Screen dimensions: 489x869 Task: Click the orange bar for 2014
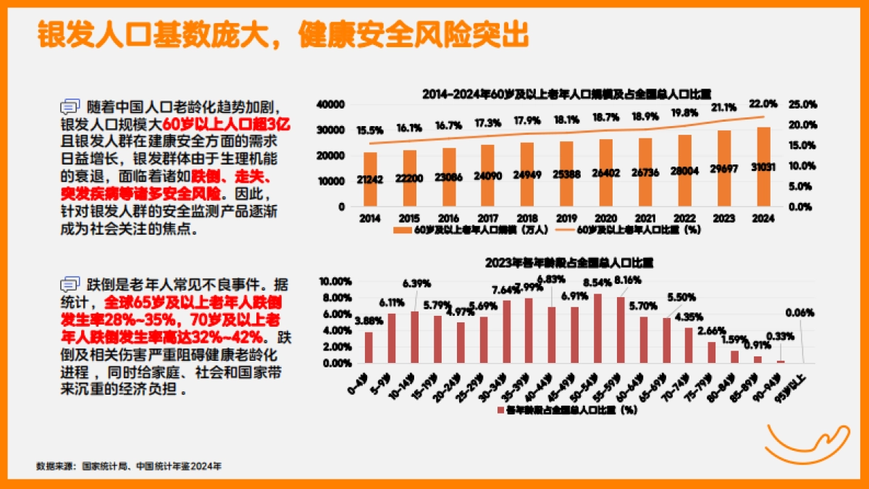(370, 179)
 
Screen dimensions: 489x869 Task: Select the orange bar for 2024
(763, 167)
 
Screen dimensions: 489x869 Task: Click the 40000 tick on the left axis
(330, 104)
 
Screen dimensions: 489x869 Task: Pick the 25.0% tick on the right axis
(802, 104)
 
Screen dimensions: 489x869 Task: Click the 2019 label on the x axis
(566, 218)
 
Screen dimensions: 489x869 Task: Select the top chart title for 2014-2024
(566, 93)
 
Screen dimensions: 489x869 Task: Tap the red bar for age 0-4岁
(369, 347)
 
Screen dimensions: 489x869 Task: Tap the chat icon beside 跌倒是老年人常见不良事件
(70, 283)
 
